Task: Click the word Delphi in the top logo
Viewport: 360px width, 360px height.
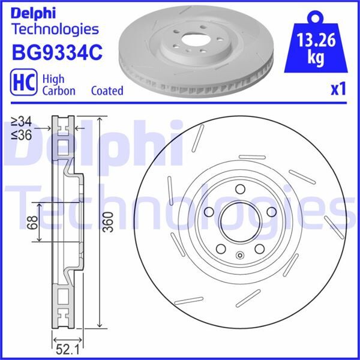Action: point(34,11)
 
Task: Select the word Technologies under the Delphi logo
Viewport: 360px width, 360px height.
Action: point(55,29)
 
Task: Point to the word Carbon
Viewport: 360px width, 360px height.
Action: point(58,91)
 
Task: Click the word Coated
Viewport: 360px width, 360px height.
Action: point(107,91)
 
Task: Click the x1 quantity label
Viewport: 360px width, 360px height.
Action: point(339,89)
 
